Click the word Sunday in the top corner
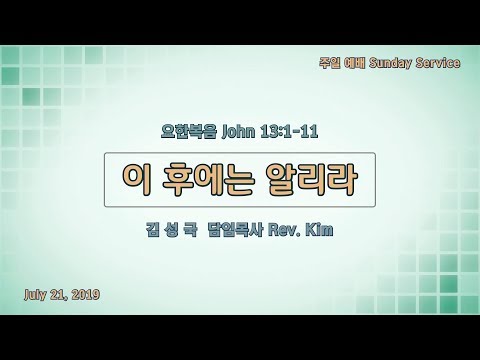coord(390,63)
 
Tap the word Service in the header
coord(438,62)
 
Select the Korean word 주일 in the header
coord(329,62)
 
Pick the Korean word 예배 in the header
coord(355,62)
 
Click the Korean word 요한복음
coord(189,131)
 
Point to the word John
coord(238,131)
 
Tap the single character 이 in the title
coord(137,180)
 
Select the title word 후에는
coord(208,180)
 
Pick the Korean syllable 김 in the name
coord(153,230)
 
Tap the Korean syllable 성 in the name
coord(171,230)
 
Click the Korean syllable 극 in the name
coord(190,230)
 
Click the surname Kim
coord(319,230)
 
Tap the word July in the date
coord(35,295)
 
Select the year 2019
coord(86,294)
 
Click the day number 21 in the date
coord(59,295)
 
